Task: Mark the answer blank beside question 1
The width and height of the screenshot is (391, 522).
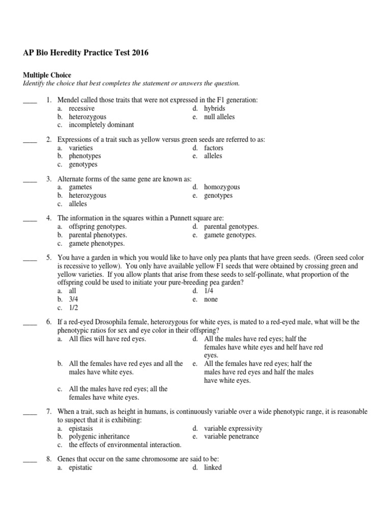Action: pos(30,100)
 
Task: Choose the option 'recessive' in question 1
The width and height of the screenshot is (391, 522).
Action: pos(81,109)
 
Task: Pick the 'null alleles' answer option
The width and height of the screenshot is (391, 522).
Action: pos(219,117)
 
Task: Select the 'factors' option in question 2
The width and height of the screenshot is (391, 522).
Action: pos(213,148)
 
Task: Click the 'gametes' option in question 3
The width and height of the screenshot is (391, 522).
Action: pos(80,187)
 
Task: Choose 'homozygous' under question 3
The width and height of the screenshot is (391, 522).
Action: pos(221,187)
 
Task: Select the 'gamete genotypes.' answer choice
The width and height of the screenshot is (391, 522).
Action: pos(230,235)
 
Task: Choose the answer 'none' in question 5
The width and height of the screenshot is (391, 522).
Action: pos(211,299)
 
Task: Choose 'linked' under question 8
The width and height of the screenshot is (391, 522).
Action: pos(213,467)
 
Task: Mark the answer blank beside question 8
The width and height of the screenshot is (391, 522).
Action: pos(30,459)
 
